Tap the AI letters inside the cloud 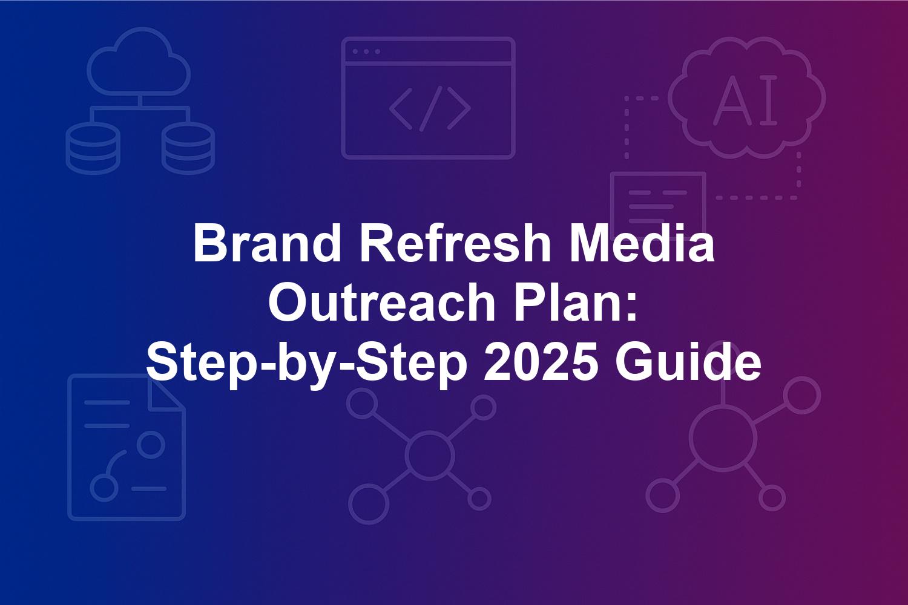pyautogui.click(x=745, y=100)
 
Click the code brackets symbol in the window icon pyautogui.click(x=430, y=109)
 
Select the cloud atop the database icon pyautogui.click(x=139, y=61)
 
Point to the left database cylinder pyautogui.click(x=93, y=148)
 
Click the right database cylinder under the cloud pyautogui.click(x=188, y=148)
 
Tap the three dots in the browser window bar pyautogui.click(x=366, y=51)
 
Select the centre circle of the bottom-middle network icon pyautogui.click(x=429, y=455)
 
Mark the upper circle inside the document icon pyautogui.click(x=151, y=444)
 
